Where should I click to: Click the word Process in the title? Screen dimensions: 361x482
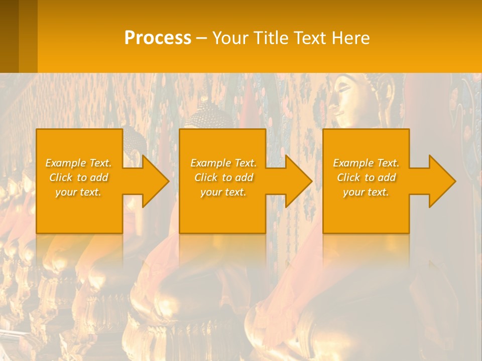pos(158,38)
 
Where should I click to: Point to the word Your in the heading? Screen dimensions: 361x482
pos(230,38)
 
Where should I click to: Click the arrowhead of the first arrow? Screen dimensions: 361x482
pos(156,181)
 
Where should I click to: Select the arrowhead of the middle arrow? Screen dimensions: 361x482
pos(299,181)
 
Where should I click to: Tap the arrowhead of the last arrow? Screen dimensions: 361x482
pos(442,181)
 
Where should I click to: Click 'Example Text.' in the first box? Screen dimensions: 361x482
pos(79,163)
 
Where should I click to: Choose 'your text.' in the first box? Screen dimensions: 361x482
pos(79,192)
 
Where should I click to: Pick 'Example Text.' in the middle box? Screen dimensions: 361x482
pos(223,163)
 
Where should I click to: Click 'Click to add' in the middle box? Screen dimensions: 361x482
pos(223,177)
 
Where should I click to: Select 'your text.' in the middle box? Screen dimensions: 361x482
pos(223,192)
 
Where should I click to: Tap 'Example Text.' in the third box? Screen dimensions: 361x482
pos(366,163)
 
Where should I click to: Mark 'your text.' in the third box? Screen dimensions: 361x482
pos(366,192)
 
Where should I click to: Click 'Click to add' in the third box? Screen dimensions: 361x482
pos(366,177)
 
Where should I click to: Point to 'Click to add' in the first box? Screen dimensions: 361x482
pos(79,177)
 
